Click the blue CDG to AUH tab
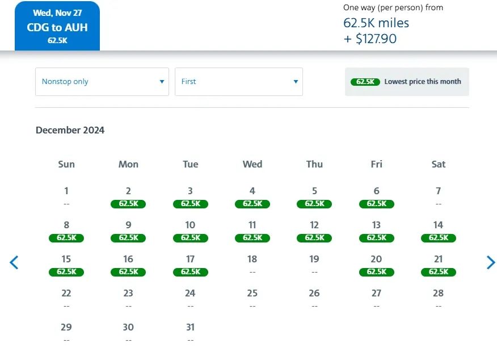[x=57, y=27]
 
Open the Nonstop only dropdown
[x=102, y=82]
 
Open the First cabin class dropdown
[x=239, y=82]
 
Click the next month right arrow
[x=490, y=262]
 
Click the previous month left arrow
[x=14, y=262]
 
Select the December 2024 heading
[x=70, y=130]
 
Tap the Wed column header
[x=252, y=164]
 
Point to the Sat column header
[x=439, y=164]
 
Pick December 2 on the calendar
[x=128, y=191]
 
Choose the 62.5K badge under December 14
[x=439, y=238]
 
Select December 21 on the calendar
[x=439, y=259]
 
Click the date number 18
[x=252, y=259]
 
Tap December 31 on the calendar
[x=190, y=328]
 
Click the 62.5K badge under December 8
[x=66, y=238]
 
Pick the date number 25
[x=252, y=294]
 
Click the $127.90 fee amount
[x=376, y=39]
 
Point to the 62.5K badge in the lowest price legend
[x=365, y=82]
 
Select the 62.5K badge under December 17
[x=190, y=272]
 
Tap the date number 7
[x=439, y=191]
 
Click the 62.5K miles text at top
[x=376, y=23]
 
